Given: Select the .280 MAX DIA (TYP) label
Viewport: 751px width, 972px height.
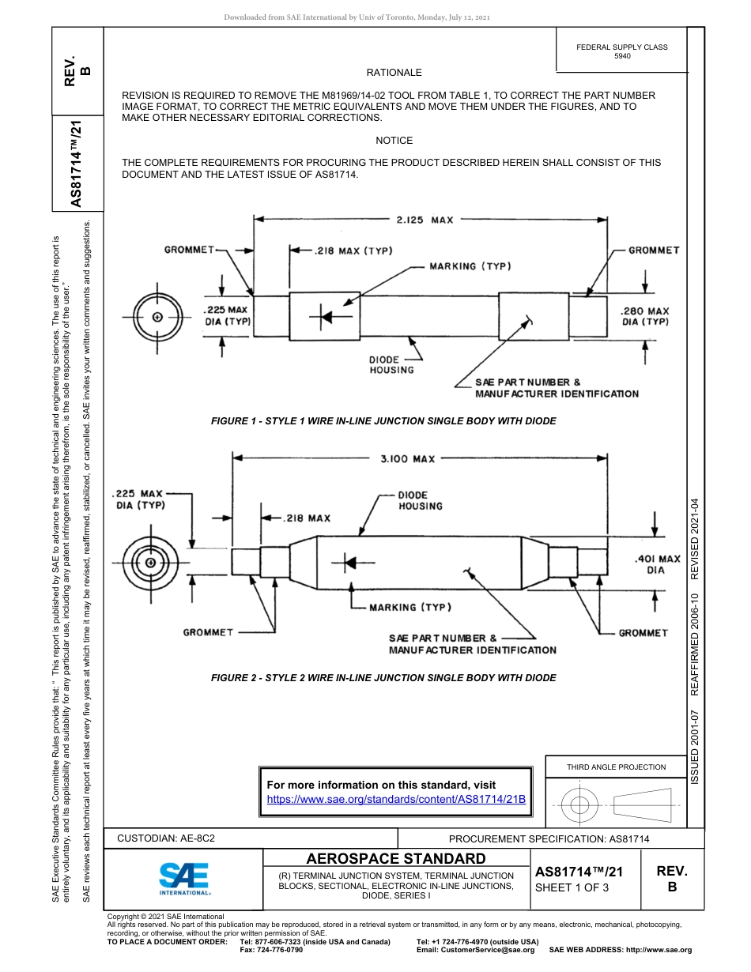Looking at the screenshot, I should [645, 316].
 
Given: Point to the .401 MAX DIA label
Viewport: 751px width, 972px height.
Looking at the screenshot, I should [657, 563].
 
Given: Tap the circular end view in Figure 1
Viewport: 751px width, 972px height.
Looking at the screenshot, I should [157, 317].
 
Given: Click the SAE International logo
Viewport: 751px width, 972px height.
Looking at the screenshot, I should [184, 878].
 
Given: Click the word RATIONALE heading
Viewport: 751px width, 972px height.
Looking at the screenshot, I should [394, 73].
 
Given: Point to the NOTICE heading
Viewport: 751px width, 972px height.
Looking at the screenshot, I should [394, 141].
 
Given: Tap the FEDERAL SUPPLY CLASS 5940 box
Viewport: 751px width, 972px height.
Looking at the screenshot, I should [621, 51].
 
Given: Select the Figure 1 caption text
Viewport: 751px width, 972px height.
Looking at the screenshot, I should [383, 421].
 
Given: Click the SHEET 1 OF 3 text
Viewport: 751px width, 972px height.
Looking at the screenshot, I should [572, 887].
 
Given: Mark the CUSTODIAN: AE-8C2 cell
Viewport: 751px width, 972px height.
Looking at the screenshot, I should [166, 838].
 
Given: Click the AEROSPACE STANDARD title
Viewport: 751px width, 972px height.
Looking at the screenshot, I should [396, 859].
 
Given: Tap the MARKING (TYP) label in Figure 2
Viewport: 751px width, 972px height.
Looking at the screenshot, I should [409, 607].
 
